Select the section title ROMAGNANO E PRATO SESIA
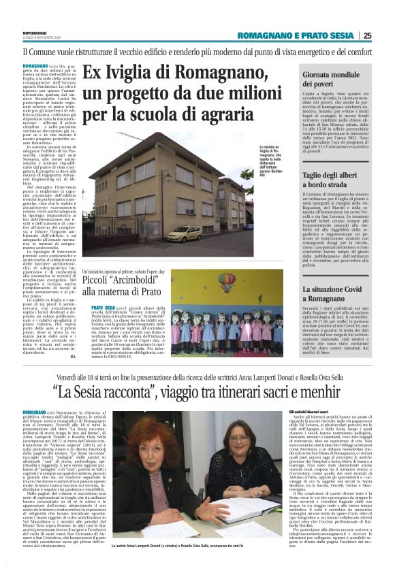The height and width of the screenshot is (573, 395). pos(297,35)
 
